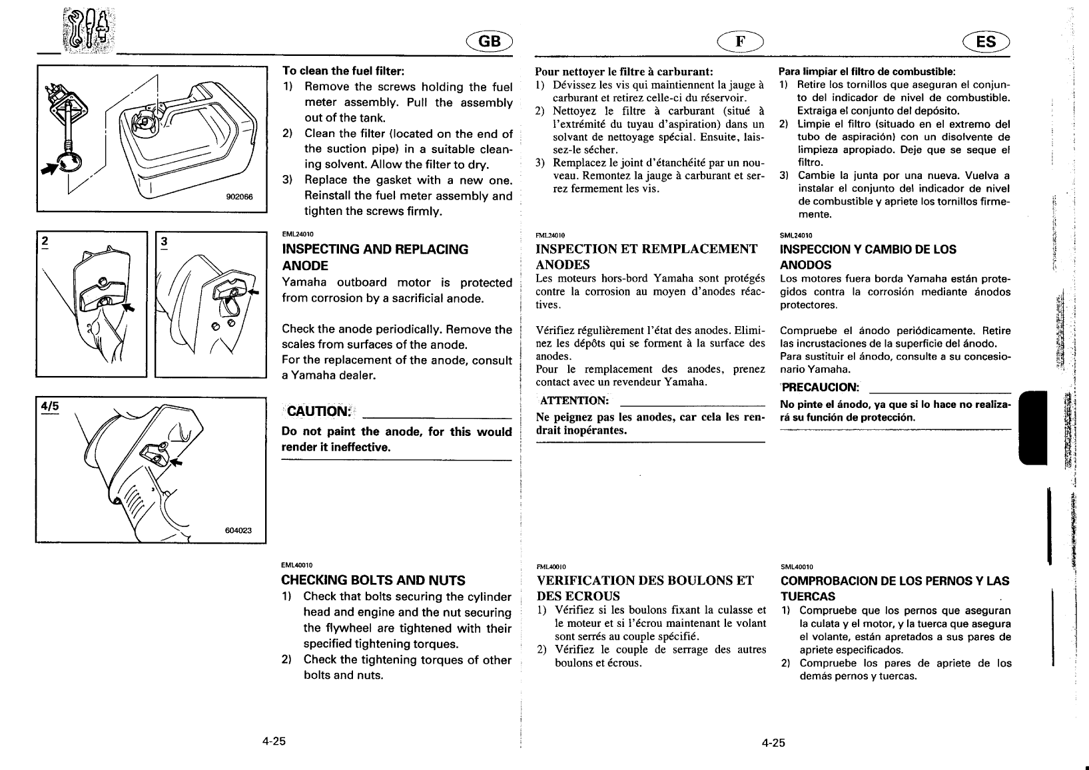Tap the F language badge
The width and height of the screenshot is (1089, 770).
[739, 42]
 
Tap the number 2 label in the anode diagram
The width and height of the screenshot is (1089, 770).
[45, 242]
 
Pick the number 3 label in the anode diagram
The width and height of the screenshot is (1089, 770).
[164, 242]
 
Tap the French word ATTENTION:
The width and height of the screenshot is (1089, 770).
[574, 401]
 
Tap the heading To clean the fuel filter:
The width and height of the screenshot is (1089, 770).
[344, 71]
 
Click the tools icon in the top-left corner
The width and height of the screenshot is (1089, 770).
[86, 33]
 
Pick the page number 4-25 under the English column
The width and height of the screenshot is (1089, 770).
[273, 741]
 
